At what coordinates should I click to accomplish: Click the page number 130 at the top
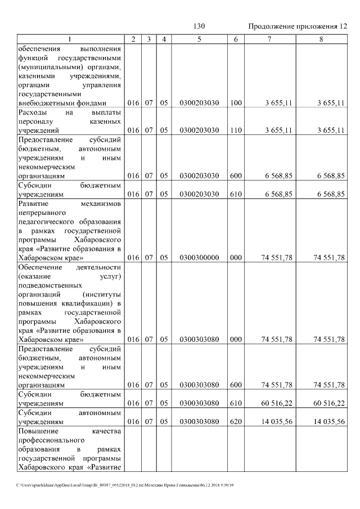(199, 26)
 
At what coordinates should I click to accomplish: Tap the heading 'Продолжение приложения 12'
(298, 26)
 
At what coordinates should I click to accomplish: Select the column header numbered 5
(199, 39)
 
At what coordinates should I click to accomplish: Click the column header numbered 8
(321, 39)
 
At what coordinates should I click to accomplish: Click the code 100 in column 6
(236, 103)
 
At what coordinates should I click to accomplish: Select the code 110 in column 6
(236, 130)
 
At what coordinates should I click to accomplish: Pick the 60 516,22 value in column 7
(277, 403)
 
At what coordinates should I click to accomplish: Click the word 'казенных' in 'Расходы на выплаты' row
(106, 121)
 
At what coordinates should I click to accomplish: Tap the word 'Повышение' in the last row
(37, 430)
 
